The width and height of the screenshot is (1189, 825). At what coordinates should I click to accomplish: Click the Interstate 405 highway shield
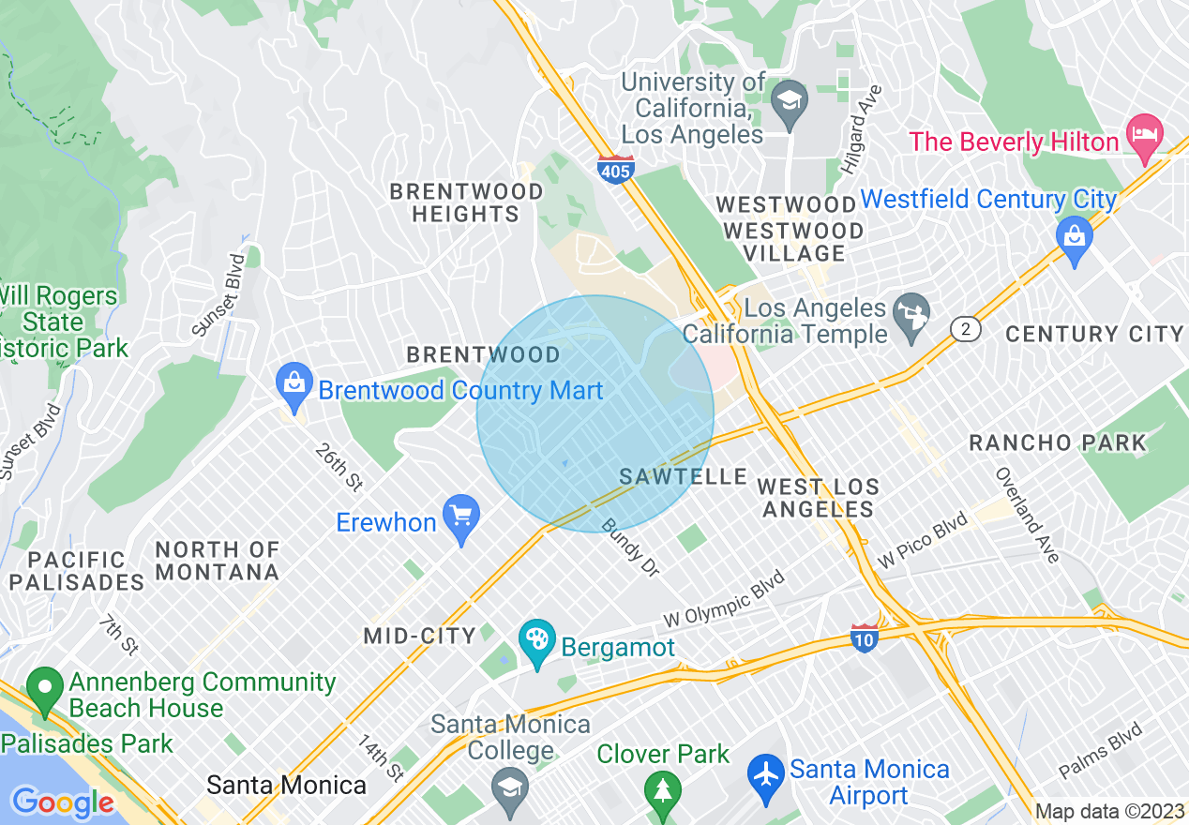[615, 170]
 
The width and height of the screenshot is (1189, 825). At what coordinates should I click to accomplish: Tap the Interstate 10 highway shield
[865, 638]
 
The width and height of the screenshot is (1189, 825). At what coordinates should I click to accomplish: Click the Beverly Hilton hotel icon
[1146, 131]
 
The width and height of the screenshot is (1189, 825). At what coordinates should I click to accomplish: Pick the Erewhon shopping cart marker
[460, 517]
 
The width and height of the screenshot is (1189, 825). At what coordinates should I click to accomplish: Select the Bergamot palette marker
[537, 642]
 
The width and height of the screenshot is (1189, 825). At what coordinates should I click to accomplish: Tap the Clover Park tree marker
[663, 788]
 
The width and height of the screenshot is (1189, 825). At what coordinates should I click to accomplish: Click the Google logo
[62, 802]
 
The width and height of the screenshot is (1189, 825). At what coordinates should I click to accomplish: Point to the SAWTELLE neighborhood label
[684, 477]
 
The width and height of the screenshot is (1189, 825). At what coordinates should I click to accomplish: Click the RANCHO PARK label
[1058, 442]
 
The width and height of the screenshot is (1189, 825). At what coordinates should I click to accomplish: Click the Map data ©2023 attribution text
[1109, 811]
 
